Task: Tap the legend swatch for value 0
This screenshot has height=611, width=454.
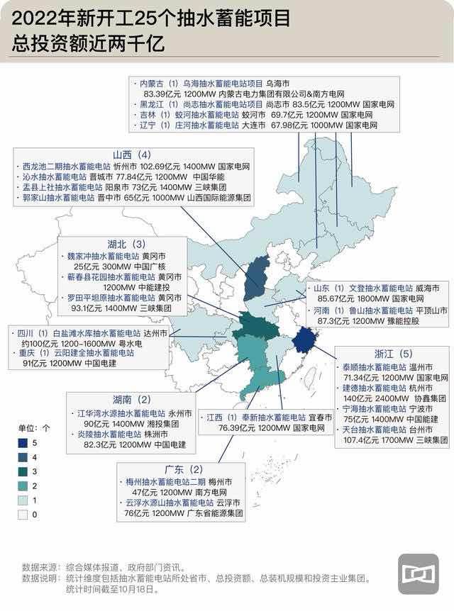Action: click(x=23, y=513)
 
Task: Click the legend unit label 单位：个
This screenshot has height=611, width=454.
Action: click(x=34, y=428)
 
